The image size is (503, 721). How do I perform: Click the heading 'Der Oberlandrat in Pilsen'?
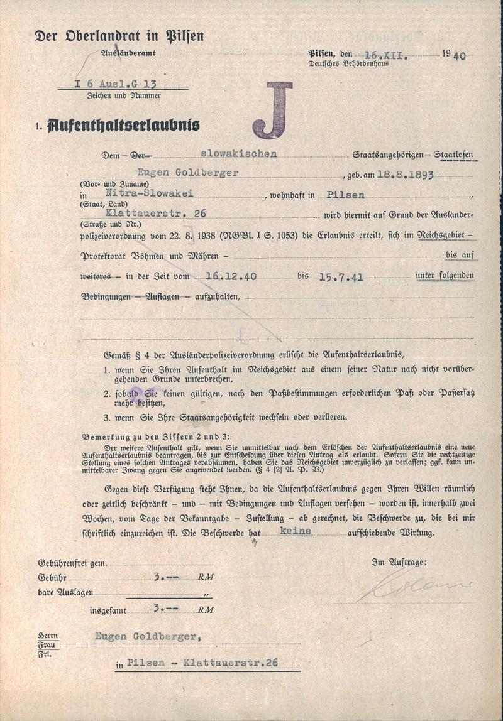(x=119, y=36)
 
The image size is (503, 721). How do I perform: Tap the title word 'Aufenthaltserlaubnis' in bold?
(x=123, y=125)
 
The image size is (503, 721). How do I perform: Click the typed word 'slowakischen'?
(x=238, y=154)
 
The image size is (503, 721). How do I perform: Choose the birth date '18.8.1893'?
(x=405, y=175)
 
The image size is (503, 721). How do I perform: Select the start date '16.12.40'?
(x=226, y=276)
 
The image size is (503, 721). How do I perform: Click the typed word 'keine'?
(x=296, y=531)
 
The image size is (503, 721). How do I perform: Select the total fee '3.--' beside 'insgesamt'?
(x=165, y=608)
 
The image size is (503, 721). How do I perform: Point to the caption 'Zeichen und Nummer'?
(x=124, y=96)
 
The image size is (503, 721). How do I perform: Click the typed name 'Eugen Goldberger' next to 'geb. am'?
(x=188, y=173)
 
